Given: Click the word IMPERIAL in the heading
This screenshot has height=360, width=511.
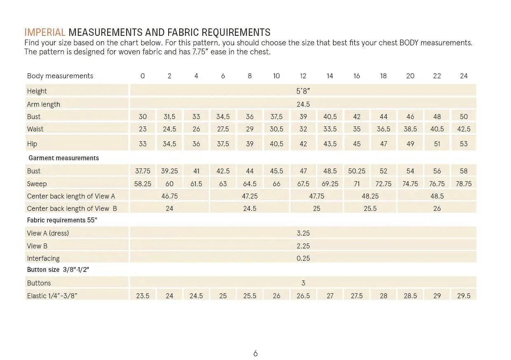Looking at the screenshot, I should (45, 33).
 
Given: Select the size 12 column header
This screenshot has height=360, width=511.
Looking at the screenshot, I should (303, 76).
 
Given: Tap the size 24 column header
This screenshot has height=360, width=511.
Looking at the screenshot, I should (464, 76).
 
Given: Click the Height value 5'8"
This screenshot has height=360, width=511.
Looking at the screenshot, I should (303, 91).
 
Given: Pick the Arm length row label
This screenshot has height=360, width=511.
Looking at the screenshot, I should (43, 104).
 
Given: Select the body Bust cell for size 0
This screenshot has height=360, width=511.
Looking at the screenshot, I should (143, 117).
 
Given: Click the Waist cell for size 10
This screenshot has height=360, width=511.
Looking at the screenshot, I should (276, 129).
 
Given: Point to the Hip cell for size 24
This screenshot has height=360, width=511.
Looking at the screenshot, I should (464, 144).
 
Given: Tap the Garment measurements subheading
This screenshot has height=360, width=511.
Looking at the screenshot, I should (63, 158).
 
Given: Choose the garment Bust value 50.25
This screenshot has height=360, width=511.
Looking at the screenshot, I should (356, 171).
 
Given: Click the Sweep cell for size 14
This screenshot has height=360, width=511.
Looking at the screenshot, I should (330, 184).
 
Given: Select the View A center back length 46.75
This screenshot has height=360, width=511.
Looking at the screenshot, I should (169, 196).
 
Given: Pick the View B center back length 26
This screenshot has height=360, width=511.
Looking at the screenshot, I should (437, 208).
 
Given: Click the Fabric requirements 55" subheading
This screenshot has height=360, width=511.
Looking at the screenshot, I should (62, 220).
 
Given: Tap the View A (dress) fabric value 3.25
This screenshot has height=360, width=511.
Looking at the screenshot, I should (303, 233).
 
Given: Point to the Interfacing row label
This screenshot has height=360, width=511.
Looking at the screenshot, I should (43, 258).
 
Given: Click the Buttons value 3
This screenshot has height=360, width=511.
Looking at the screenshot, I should (303, 283).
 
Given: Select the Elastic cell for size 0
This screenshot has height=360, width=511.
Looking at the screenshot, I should (143, 296).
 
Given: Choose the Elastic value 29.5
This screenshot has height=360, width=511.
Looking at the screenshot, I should (464, 296).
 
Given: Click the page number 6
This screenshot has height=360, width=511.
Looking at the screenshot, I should (255, 353).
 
